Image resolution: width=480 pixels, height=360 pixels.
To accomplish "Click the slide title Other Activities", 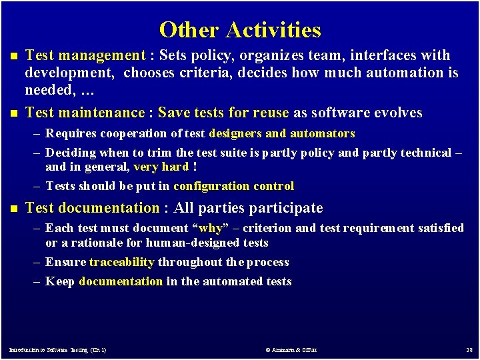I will click(x=240, y=30).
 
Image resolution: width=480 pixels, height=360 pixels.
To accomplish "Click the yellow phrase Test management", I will click(x=85, y=55).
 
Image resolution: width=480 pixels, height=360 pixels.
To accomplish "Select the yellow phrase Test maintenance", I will click(x=85, y=113).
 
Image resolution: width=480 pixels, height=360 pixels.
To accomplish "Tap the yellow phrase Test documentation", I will click(x=92, y=208).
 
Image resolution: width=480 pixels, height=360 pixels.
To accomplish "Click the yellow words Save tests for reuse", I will click(x=223, y=113).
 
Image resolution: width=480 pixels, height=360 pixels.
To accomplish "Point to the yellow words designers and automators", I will click(x=282, y=134).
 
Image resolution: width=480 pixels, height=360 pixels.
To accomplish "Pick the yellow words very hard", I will click(x=161, y=167).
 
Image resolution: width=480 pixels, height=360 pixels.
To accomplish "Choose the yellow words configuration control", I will click(x=233, y=186).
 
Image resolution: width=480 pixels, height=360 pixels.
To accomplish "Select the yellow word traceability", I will click(x=122, y=262).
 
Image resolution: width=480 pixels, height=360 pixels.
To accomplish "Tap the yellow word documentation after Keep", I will click(x=121, y=281).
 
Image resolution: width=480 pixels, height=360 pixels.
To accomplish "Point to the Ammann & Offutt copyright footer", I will click(x=291, y=349).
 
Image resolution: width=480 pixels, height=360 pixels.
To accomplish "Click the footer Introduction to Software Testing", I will click(x=57, y=349).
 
